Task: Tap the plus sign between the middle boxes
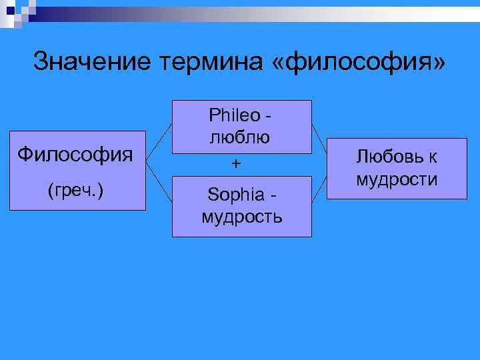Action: pos(235,163)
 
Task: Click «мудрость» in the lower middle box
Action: pos(241,217)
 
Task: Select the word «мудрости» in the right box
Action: pos(397,179)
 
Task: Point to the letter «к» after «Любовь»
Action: pos(433,157)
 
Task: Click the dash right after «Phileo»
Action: pos(269,117)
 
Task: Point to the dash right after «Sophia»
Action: pos(271,195)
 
